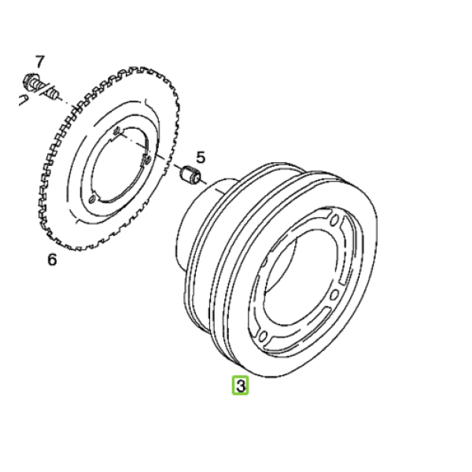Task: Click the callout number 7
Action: click(x=40, y=61)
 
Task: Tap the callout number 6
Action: click(x=52, y=260)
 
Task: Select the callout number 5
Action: click(x=201, y=157)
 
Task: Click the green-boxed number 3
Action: click(x=240, y=385)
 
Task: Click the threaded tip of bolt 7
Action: click(x=53, y=94)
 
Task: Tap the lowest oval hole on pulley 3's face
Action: click(x=263, y=336)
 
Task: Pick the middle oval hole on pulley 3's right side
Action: click(x=334, y=295)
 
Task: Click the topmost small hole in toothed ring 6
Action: click(x=116, y=131)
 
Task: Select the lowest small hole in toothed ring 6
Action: click(x=92, y=199)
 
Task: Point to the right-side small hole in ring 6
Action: click(x=148, y=159)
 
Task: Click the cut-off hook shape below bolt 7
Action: click(x=24, y=100)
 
